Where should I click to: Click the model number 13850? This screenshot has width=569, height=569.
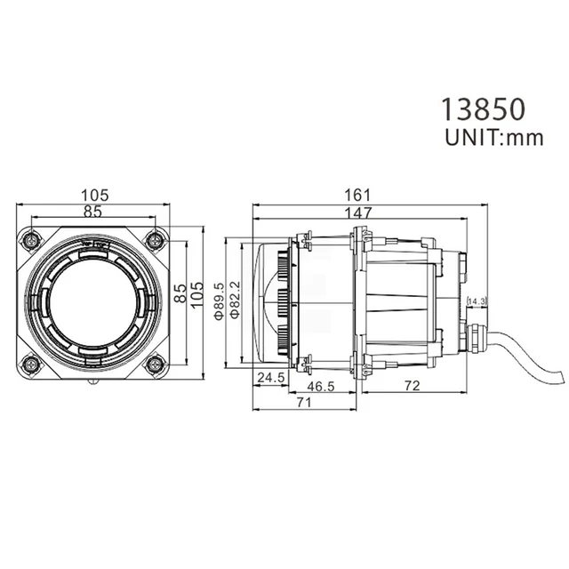point(484,108)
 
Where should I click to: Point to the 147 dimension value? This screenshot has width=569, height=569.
point(360,213)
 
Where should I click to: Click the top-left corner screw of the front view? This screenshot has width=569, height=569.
point(32,239)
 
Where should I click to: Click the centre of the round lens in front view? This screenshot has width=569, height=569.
point(93,301)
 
